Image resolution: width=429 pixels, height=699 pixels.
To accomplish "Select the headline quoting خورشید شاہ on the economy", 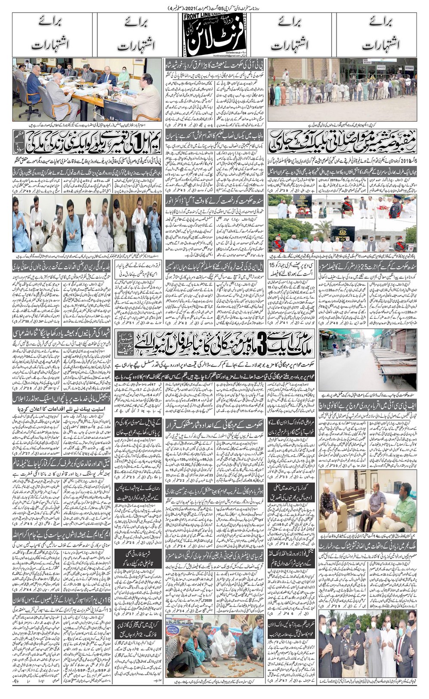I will (214, 65).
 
